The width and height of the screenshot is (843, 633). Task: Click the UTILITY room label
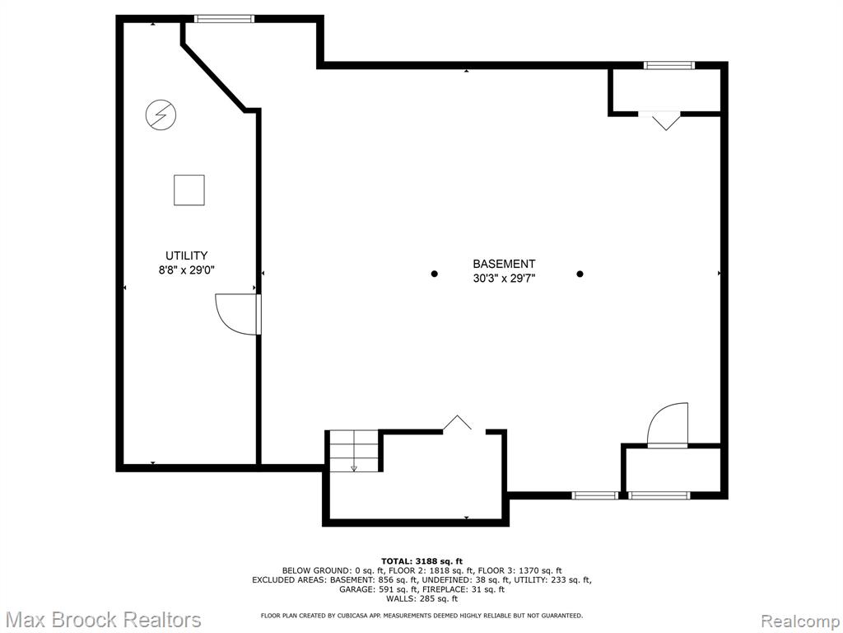pyautogui.click(x=186, y=256)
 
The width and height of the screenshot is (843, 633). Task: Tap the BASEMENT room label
pyautogui.click(x=504, y=264)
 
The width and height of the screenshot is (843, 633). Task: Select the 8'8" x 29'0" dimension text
pyautogui.click(x=186, y=270)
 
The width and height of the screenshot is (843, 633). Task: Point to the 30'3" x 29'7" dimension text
pyautogui.click(x=504, y=279)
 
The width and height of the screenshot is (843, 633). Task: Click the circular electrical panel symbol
pyautogui.click(x=161, y=115)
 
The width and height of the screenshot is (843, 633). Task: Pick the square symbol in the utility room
pyautogui.click(x=189, y=190)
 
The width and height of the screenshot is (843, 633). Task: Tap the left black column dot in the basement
pyautogui.click(x=435, y=274)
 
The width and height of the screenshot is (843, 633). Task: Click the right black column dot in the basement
pyautogui.click(x=580, y=274)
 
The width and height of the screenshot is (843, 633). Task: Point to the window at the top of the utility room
pyautogui.click(x=224, y=19)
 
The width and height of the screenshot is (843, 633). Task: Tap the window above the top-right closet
pyautogui.click(x=669, y=66)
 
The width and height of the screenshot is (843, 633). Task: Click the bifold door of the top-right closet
pyautogui.click(x=665, y=120)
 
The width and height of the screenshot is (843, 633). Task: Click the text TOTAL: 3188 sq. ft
pyautogui.click(x=421, y=561)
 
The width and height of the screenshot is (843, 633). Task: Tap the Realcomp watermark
pyautogui.click(x=800, y=621)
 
